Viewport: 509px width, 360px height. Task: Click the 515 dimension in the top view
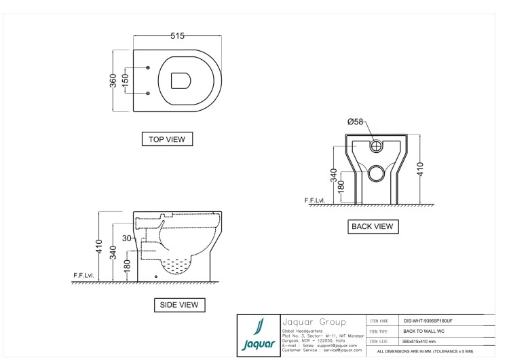(x=177, y=36)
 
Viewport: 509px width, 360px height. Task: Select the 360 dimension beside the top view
(x=113, y=81)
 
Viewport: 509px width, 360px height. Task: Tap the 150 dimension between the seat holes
(x=125, y=81)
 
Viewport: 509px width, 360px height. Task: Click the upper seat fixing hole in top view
(x=148, y=67)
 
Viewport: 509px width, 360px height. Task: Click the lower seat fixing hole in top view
(x=148, y=93)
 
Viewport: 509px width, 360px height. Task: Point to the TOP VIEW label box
(x=167, y=139)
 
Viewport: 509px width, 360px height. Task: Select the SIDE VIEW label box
(x=179, y=305)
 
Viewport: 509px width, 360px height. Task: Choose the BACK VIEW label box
(x=373, y=226)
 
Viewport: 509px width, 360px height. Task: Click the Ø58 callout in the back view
(x=355, y=122)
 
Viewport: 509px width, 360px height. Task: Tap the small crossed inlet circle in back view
(x=377, y=146)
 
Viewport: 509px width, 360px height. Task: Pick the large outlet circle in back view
(x=377, y=173)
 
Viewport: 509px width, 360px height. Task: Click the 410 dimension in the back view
(x=420, y=169)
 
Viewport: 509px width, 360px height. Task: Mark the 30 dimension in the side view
(x=127, y=238)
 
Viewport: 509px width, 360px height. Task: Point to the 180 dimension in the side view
(x=127, y=266)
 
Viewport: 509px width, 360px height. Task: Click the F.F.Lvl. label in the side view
(x=83, y=276)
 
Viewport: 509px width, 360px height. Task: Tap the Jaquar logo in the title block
(x=259, y=336)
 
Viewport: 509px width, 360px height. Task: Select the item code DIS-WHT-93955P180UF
(x=428, y=321)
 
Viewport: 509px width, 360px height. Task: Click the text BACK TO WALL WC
(x=423, y=331)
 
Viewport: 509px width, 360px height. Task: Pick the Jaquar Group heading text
(x=314, y=322)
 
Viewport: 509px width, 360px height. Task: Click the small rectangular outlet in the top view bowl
(x=181, y=81)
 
